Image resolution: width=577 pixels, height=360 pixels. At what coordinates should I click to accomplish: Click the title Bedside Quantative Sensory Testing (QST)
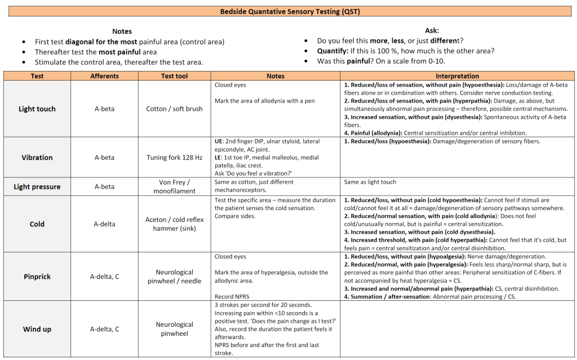[x=288, y=11]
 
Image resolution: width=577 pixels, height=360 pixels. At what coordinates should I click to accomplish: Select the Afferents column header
[x=104, y=76]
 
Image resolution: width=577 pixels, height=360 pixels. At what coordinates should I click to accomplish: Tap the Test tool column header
[x=174, y=76]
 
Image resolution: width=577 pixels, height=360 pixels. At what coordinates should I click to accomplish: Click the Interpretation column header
[x=458, y=76]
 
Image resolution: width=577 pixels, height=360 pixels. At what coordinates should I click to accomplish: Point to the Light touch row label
[x=37, y=109]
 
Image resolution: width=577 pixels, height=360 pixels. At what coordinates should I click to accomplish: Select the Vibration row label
[x=37, y=158]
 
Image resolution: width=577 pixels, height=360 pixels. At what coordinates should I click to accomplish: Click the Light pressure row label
[x=37, y=186]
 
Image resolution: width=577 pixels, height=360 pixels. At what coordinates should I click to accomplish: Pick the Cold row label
[x=37, y=224]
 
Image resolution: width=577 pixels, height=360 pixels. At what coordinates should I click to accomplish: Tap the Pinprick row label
[x=37, y=277]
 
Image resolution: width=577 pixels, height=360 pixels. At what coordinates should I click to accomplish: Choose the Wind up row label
[x=37, y=329]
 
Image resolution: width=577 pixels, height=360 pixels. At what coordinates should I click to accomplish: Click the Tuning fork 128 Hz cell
[x=174, y=158]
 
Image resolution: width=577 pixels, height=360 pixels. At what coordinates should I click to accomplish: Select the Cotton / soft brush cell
[x=174, y=109]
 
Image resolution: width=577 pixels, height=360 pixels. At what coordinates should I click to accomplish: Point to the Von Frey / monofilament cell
[x=174, y=186]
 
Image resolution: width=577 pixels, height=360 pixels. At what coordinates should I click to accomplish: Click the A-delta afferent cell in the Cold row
[x=104, y=224]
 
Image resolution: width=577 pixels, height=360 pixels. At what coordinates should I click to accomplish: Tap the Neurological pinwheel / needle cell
[x=174, y=277]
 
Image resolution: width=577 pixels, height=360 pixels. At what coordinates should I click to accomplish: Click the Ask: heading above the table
[x=432, y=30]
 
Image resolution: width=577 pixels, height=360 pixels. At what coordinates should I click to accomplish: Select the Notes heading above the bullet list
[x=122, y=32]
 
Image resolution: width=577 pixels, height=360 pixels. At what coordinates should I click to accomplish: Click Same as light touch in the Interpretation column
[x=370, y=182]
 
